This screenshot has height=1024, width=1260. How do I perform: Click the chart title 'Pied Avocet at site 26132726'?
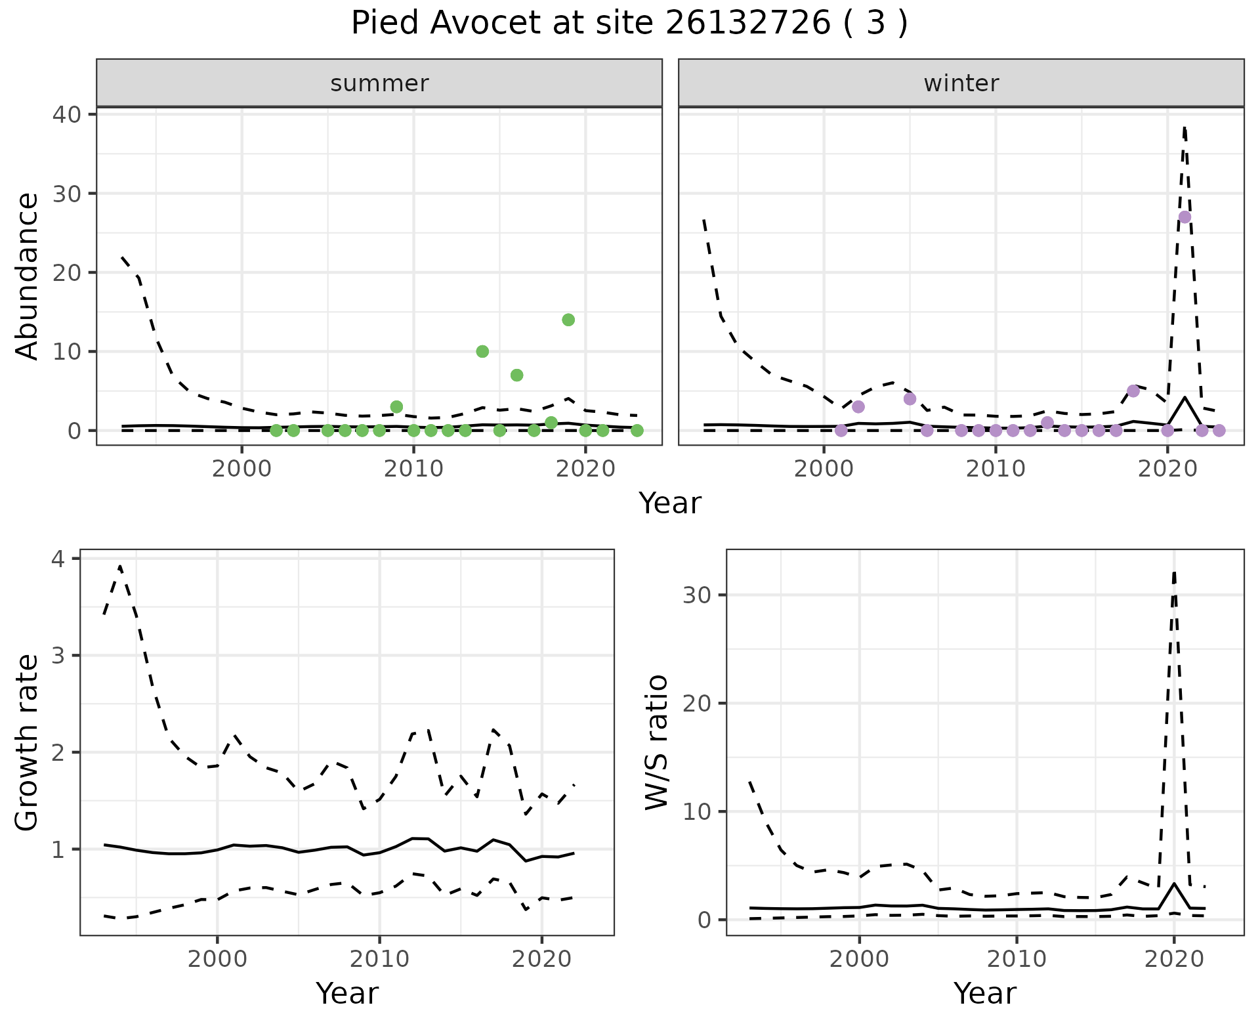(x=629, y=24)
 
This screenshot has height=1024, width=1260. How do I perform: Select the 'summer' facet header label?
(x=379, y=83)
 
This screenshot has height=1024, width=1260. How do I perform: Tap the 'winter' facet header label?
(x=961, y=83)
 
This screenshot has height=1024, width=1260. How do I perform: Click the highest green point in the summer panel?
(x=568, y=320)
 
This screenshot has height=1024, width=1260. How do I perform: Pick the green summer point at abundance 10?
(x=482, y=351)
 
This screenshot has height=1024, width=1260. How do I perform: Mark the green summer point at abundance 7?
(x=516, y=375)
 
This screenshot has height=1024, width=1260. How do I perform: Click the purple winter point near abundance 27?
(x=1185, y=217)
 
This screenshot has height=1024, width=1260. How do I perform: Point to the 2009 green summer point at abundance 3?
(x=396, y=407)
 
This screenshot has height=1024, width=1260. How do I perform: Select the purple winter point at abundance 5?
(x=1133, y=391)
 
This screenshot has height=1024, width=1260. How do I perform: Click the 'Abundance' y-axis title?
(x=28, y=276)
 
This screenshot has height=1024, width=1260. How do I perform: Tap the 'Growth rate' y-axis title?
(x=28, y=743)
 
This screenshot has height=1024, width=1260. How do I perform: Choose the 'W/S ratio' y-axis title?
(x=657, y=742)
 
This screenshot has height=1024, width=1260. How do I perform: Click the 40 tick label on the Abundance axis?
(x=66, y=114)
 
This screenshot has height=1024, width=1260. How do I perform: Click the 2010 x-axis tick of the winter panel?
(x=996, y=469)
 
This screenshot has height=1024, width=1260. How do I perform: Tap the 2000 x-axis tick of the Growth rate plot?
(x=217, y=959)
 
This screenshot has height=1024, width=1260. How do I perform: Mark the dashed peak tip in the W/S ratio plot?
(x=1174, y=572)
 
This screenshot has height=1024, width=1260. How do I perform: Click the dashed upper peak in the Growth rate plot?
(x=120, y=566)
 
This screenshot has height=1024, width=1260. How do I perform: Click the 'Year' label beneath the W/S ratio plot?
(x=984, y=993)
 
